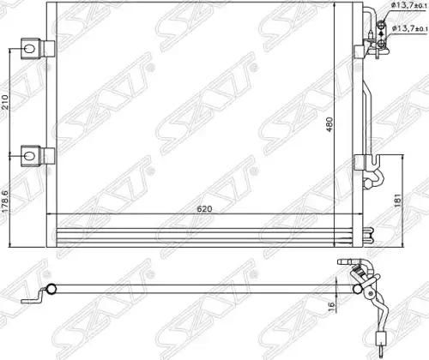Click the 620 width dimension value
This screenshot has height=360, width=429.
(204, 209)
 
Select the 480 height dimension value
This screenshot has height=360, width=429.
(329, 124)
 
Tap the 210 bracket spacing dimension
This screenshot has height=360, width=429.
(5, 102)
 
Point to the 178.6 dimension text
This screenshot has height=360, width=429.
(5, 201)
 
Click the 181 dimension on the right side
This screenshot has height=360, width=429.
(398, 201)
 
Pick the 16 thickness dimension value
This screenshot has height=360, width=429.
(331, 304)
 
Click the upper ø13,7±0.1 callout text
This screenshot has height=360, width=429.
(409, 5)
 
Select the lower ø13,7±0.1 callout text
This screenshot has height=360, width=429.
(409, 28)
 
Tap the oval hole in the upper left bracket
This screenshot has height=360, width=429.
(29, 49)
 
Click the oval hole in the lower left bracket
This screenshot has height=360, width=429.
(29, 156)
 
